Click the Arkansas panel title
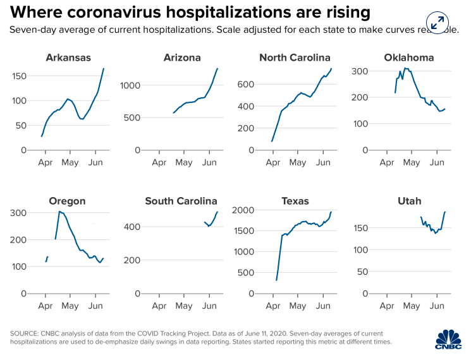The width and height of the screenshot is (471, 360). (68, 58)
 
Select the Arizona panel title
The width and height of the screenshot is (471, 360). (182, 58)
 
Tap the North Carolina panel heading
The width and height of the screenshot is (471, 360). (295, 58)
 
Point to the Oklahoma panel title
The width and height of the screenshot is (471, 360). (408, 58)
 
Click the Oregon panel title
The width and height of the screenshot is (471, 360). (67, 201)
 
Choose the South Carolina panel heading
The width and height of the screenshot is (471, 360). (181, 201)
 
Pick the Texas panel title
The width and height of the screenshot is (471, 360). (295, 201)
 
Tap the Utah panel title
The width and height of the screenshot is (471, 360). (409, 201)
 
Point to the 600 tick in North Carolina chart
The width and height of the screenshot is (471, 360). (246, 85)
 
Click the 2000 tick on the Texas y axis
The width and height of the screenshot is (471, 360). (243, 210)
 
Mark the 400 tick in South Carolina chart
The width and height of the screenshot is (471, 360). (132, 227)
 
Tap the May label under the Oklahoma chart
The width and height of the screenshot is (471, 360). (412, 163)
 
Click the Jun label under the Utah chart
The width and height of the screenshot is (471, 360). (436, 306)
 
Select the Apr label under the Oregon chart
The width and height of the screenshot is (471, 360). (45, 306)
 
